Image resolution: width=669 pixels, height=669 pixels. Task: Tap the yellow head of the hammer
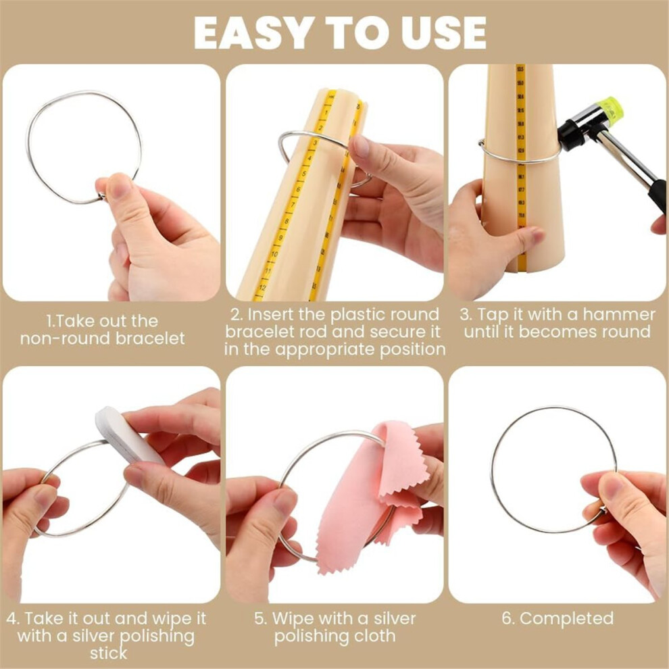point(610,111)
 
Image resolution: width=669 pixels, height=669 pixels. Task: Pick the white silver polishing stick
point(127,435)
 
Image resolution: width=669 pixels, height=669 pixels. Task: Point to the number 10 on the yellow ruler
point(274,254)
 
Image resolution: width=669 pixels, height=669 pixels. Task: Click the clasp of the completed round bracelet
point(603,510)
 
